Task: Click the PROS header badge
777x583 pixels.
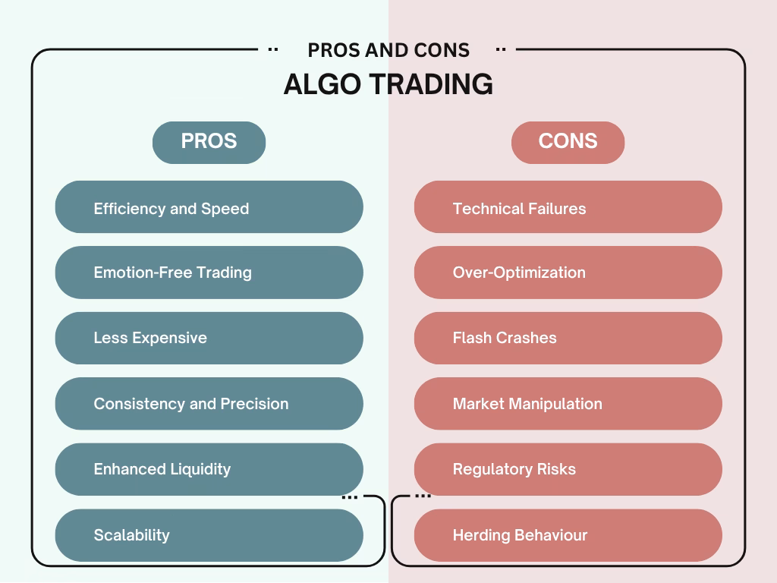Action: pos(209,142)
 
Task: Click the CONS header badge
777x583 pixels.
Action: pos(568,142)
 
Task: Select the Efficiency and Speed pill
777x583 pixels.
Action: pos(209,206)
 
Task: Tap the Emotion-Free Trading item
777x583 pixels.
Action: pos(209,273)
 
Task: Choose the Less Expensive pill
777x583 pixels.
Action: pos(209,338)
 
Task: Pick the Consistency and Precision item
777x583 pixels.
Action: pos(209,404)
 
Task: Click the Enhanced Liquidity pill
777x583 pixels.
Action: pos(209,469)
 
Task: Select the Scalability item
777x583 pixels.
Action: pos(209,535)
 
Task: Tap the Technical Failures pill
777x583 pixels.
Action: pos(568,206)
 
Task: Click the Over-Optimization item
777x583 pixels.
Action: pos(568,273)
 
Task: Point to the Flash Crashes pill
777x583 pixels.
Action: pos(568,338)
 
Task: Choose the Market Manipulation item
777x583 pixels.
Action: pos(568,404)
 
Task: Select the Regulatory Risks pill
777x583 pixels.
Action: pos(568,469)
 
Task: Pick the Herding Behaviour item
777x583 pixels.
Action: pos(568,535)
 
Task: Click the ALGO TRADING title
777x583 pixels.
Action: pos(388,84)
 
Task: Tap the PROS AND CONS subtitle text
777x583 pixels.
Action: pos(388,50)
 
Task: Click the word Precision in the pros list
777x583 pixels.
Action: pos(254,404)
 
